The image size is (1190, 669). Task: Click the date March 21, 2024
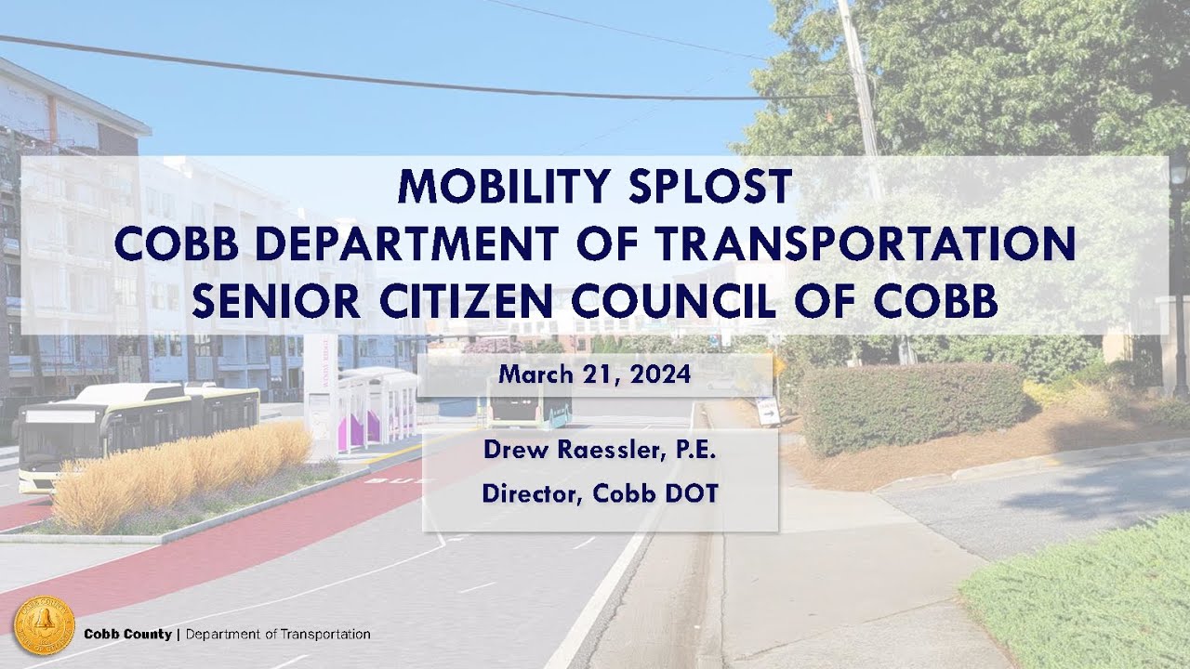(x=594, y=375)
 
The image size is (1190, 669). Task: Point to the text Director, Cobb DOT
(x=600, y=493)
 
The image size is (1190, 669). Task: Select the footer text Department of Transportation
(x=278, y=635)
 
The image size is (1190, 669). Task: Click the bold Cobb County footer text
(x=127, y=635)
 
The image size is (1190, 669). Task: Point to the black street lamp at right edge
(x=1179, y=269)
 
